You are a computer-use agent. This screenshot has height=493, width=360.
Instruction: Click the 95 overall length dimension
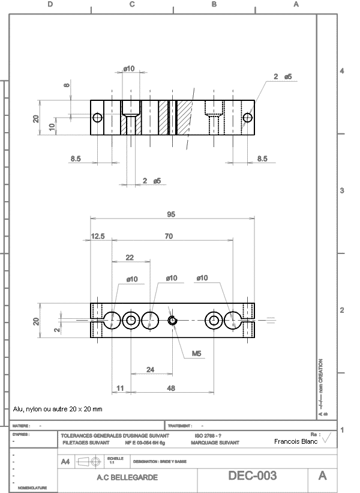point(171,214)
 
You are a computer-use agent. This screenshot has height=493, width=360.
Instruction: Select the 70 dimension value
point(169,237)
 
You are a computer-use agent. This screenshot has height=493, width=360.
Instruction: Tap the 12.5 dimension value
point(98,237)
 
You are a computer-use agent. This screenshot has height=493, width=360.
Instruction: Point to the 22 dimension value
point(129,257)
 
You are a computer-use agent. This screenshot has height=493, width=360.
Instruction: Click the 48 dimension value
point(171,389)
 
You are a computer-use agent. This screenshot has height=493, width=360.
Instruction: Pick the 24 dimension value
point(150,369)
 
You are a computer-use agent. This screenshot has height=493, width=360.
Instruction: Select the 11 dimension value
point(119,389)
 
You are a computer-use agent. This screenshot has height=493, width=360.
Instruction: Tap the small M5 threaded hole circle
point(173,321)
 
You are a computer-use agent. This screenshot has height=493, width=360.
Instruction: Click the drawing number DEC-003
point(252,476)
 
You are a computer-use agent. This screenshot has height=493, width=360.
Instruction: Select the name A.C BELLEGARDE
point(127,477)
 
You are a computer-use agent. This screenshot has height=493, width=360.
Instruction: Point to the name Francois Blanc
point(296,441)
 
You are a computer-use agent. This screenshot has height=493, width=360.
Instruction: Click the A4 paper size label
point(66,461)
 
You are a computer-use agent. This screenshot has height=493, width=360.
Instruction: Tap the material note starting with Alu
point(58,409)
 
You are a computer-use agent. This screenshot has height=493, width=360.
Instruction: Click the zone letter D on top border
point(50,4)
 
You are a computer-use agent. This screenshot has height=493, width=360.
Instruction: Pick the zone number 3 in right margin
point(341,190)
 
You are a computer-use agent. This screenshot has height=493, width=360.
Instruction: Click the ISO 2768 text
point(208,435)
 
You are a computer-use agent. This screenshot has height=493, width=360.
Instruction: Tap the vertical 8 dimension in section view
point(67,85)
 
